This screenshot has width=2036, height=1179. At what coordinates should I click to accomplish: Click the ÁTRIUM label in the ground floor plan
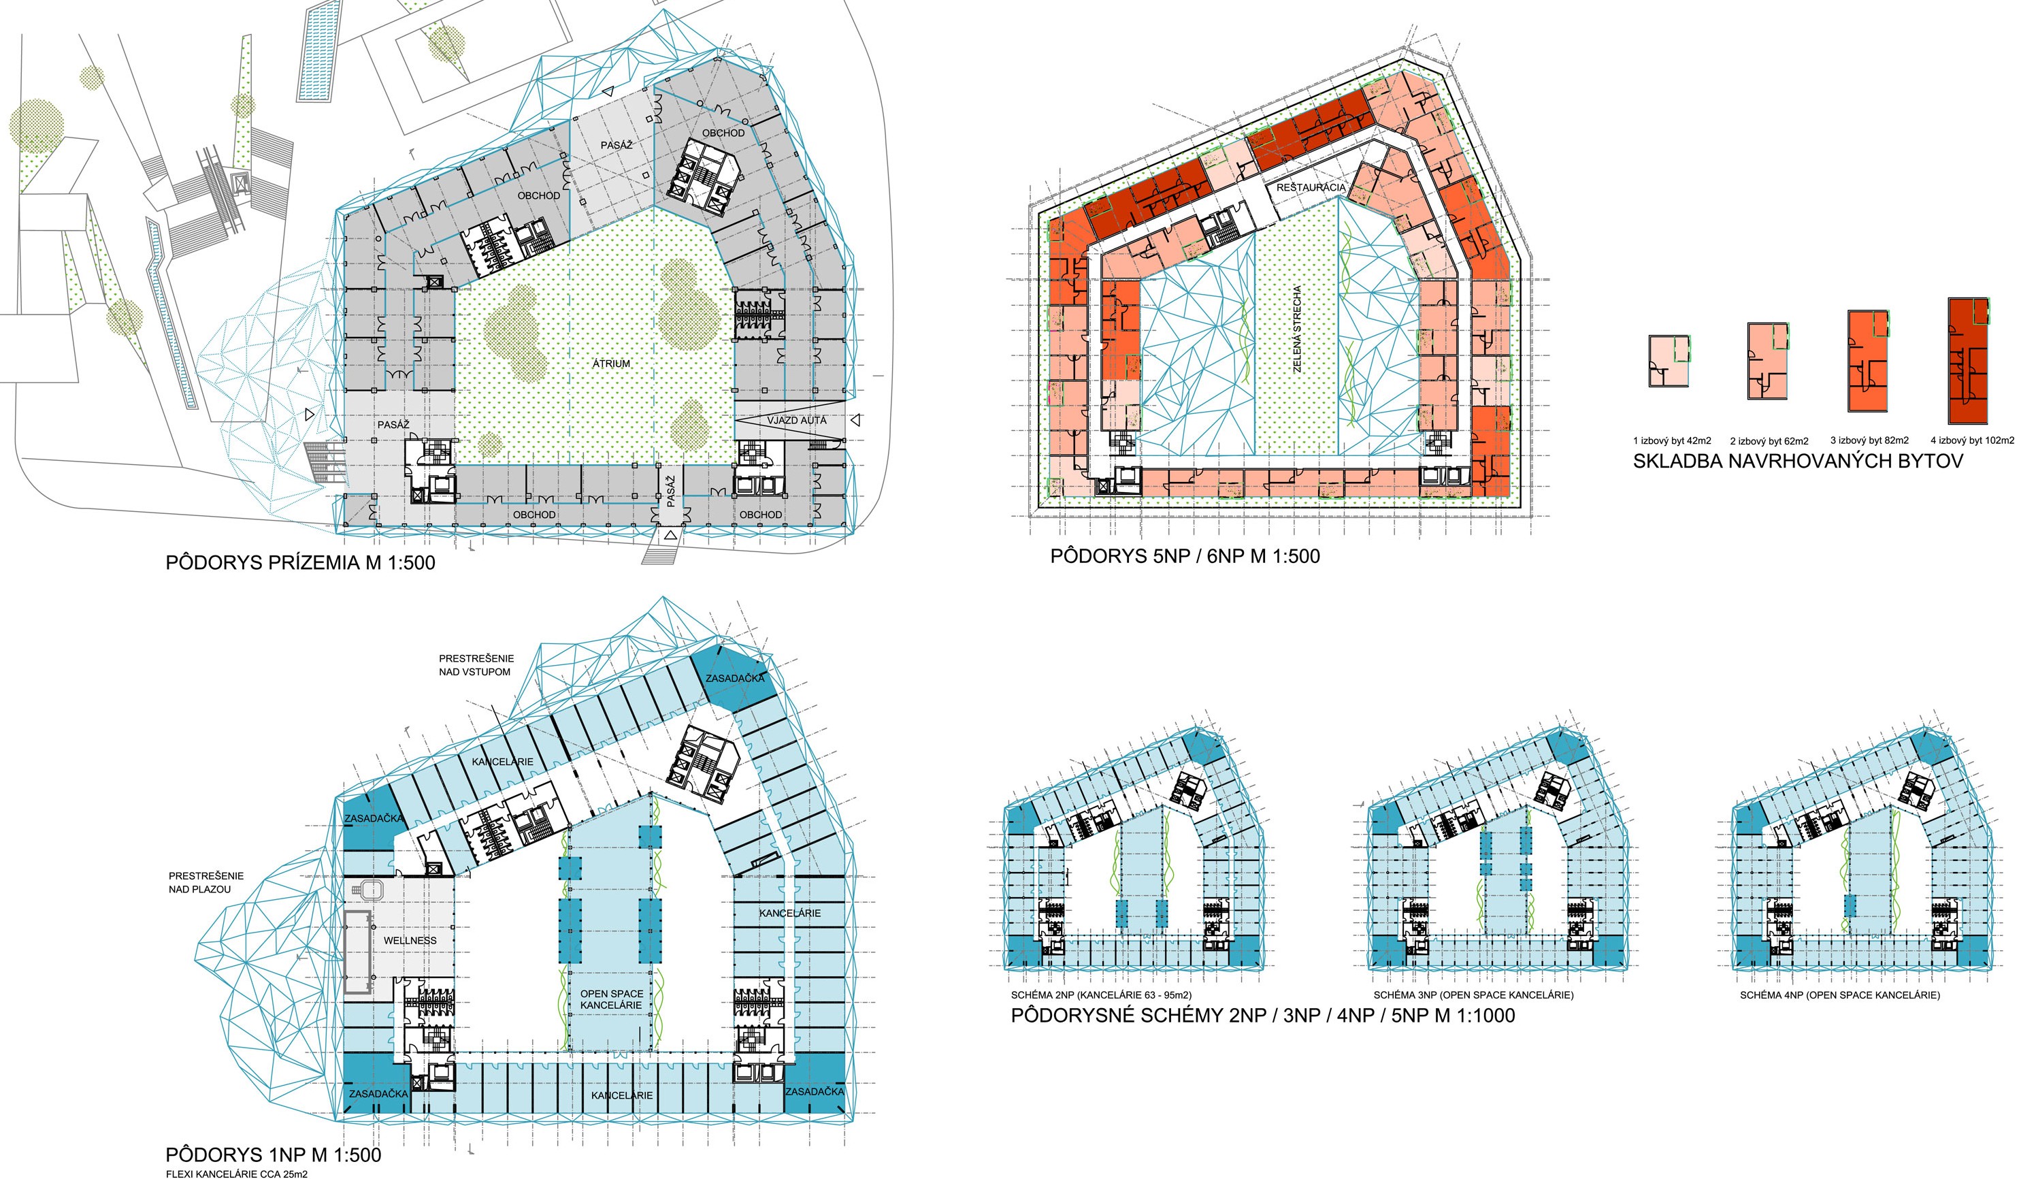[611, 364]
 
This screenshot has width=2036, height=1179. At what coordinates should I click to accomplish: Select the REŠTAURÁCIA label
[1311, 187]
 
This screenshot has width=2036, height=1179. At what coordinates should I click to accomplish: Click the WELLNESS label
[410, 941]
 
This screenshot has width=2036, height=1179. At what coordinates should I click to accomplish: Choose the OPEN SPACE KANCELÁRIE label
[612, 999]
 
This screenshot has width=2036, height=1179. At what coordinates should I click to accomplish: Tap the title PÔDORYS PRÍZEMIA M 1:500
[301, 562]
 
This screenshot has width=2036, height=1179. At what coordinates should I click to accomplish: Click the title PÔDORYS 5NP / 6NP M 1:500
[1185, 556]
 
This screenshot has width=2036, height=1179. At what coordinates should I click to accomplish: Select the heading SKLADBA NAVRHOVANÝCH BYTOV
[1798, 462]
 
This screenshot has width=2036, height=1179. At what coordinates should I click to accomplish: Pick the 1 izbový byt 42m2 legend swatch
[1669, 361]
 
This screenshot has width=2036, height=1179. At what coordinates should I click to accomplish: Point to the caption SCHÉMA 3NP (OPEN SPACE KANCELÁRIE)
[1474, 995]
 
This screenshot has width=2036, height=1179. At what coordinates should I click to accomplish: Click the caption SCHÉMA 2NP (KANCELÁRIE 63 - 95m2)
[1101, 995]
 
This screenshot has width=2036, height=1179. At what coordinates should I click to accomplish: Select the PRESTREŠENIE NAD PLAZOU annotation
[206, 882]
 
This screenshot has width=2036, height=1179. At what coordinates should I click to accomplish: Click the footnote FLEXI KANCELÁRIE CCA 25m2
[237, 1174]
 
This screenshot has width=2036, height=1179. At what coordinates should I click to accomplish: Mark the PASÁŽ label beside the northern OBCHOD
[617, 144]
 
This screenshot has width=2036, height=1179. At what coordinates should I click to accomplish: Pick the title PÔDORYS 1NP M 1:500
[273, 1154]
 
